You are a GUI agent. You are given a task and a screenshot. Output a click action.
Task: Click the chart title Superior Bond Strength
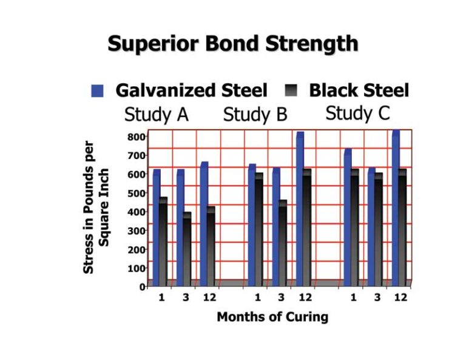tap(232, 44)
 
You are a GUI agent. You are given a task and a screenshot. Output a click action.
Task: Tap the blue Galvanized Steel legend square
tap(97, 91)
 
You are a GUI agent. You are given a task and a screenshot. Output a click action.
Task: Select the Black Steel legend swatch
tap(292, 91)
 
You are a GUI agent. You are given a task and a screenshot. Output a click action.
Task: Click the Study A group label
tap(156, 114)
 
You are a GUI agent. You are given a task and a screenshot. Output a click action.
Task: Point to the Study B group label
tap(255, 114)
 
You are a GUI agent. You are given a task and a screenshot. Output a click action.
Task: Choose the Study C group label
tap(357, 113)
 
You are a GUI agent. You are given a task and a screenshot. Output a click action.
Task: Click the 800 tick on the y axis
tap(137, 137)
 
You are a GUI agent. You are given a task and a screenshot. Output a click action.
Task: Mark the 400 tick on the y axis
tap(137, 212)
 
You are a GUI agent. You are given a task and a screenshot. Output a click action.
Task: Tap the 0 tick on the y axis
tap(143, 287)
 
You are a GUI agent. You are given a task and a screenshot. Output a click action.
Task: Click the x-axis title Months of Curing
tap(272, 317)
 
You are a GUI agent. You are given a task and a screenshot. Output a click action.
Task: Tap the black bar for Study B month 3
tap(282, 243)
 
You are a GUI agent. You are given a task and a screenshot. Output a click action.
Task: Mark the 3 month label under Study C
tap(377, 297)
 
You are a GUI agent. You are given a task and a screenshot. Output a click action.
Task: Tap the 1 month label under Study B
tap(258, 297)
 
